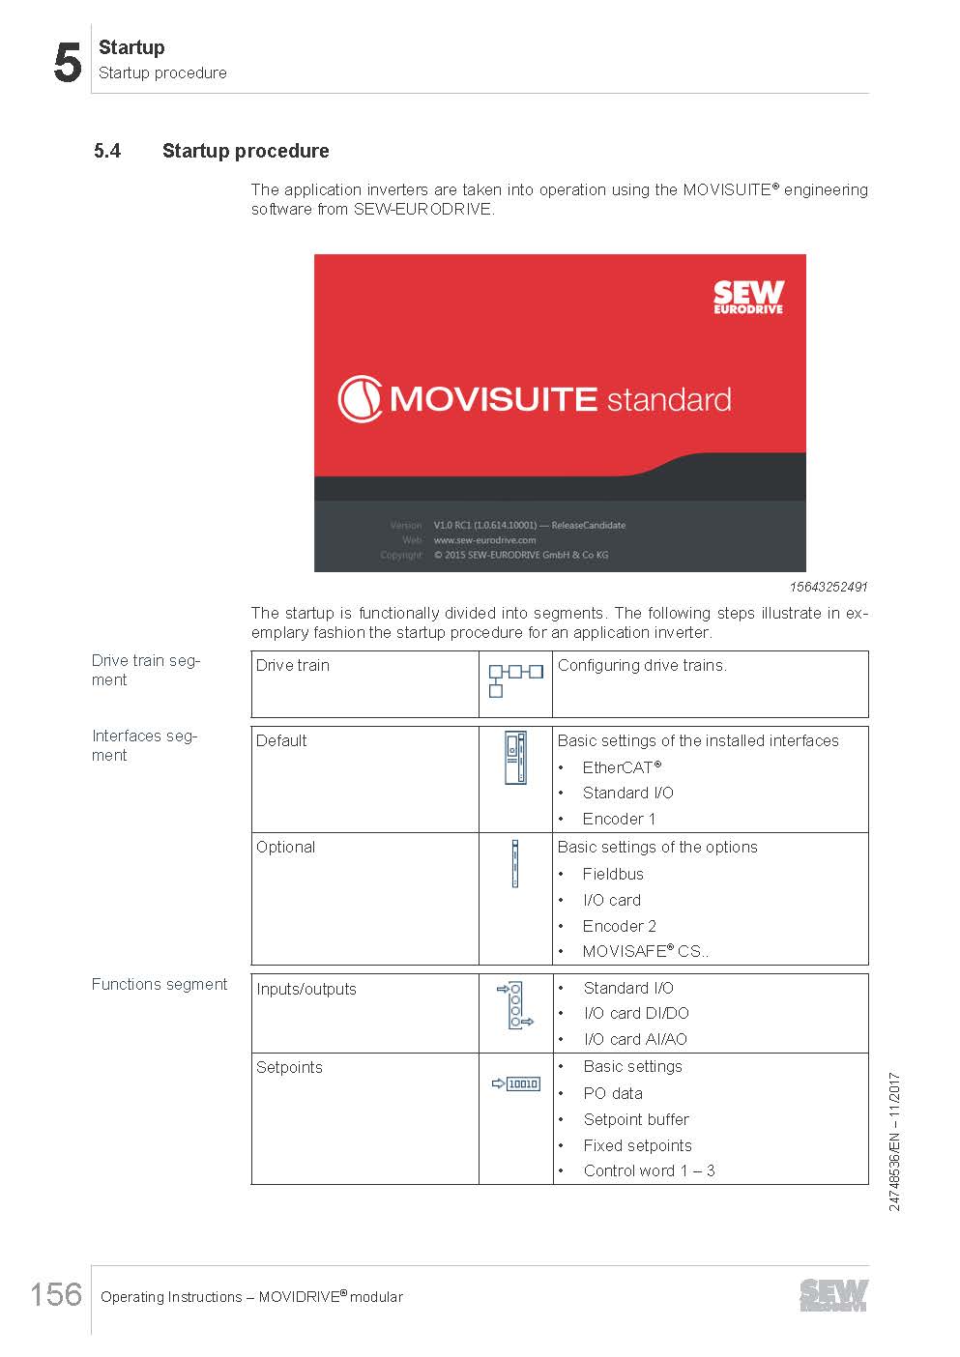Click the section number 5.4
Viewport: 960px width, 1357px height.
pos(107,151)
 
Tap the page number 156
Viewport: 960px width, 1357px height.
pos(56,1293)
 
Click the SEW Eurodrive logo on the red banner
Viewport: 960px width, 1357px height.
pos(748,297)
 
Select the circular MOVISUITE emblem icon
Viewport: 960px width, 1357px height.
pos(360,399)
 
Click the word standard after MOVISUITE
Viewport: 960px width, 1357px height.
pos(668,400)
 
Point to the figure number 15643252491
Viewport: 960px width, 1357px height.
pos(828,587)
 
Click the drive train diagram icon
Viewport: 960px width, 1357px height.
pos(515,679)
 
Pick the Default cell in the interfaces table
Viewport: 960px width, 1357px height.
pos(281,741)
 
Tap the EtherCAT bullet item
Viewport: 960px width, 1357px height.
pos(622,767)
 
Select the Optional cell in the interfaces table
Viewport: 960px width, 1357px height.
pos(285,848)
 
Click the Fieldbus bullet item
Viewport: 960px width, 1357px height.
pos(613,874)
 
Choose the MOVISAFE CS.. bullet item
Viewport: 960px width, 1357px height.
pos(645,951)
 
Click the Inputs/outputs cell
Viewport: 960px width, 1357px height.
pos(306,990)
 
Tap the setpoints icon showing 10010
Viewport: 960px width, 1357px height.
pos(516,1083)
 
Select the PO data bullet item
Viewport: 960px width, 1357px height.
pos(613,1093)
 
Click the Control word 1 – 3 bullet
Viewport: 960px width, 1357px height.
pos(649,1170)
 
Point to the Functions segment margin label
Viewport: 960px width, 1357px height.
pos(160,984)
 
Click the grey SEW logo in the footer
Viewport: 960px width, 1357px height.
pos(833,1295)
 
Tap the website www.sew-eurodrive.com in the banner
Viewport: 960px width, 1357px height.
pos(484,540)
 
